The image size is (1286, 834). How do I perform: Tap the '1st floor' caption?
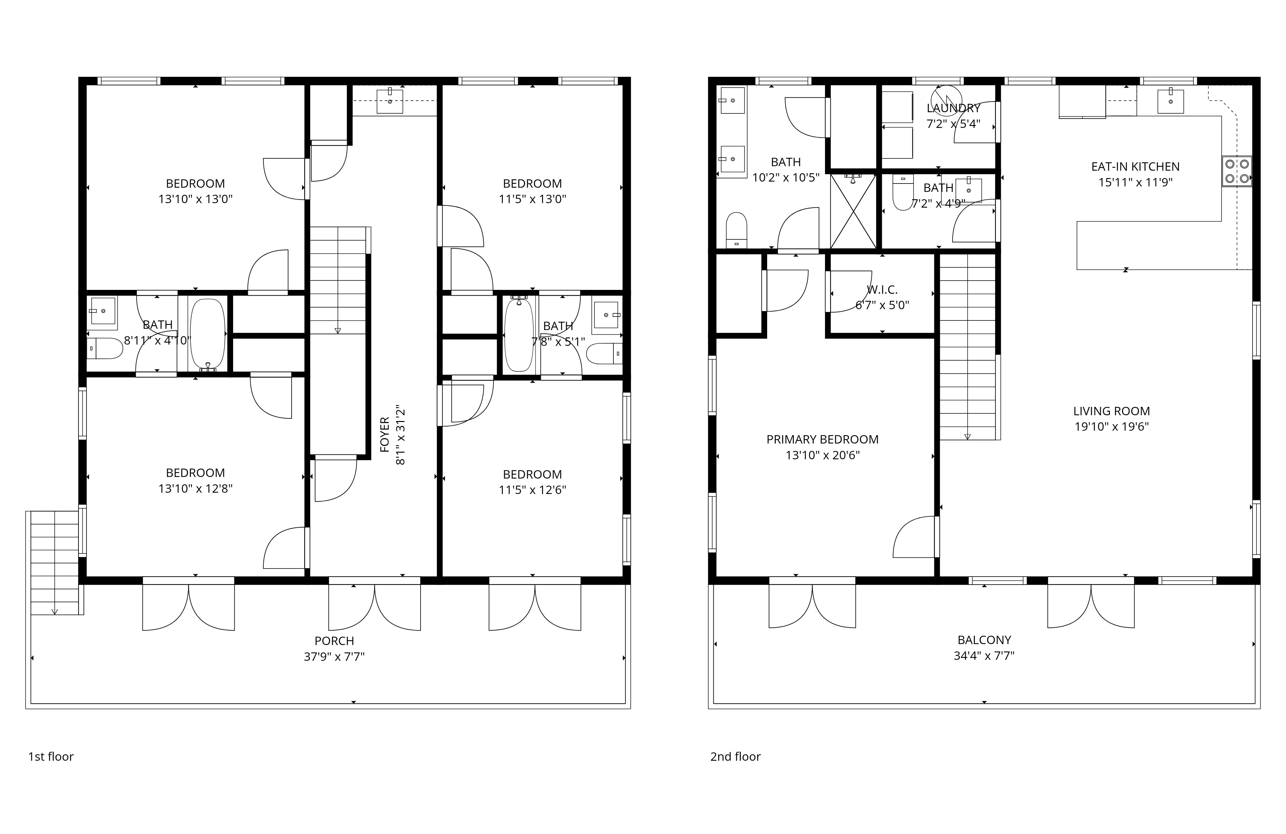coord(51,757)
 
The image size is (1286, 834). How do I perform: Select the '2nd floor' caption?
coord(735,757)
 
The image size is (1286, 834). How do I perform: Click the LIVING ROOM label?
coord(1111,411)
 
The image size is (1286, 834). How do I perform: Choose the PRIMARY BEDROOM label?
coord(822,440)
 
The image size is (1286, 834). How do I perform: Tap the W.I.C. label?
coord(883,290)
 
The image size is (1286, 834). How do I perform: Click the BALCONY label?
coord(984,640)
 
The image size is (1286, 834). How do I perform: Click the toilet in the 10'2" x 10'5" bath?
coord(736,229)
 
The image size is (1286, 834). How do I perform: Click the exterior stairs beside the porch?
coord(55,563)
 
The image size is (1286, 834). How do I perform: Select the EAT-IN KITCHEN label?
coord(1135,167)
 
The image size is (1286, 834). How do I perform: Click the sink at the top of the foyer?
coord(390,101)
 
